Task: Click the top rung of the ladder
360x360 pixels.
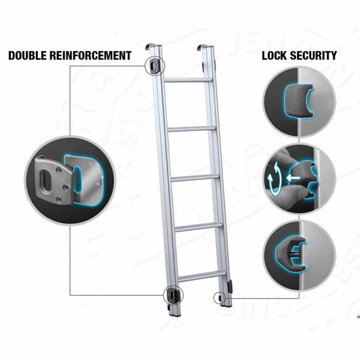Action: coord(188,80)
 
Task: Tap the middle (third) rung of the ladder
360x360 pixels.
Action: coord(195,178)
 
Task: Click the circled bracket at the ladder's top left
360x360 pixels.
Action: coord(155,66)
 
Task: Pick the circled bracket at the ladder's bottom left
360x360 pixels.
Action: coord(173,295)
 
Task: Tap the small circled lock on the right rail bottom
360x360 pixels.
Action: coord(220,298)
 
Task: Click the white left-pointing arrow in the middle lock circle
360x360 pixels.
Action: coord(293,178)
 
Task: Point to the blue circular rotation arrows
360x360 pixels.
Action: coord(275,178)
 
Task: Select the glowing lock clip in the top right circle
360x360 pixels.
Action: coord(298,101)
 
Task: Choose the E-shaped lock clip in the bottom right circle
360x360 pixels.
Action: coord(290,255)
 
